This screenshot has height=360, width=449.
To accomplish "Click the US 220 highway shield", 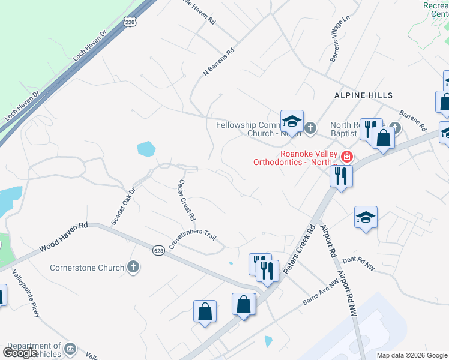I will point(130,22).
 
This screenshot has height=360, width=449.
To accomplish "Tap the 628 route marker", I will point(158,250).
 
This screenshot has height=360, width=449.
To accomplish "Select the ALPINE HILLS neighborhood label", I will point(363,95).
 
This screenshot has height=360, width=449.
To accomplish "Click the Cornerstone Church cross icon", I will point(133,268).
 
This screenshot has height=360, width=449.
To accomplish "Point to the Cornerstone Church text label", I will point(87,268).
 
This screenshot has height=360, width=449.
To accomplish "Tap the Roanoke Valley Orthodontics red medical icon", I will point(346,157).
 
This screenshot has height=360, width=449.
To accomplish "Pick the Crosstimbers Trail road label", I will point(191,239).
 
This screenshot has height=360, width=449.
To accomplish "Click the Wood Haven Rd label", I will point(64,238).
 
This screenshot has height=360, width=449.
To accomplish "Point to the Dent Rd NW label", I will point(358,263).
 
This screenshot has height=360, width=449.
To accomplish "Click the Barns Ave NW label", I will point(321,293).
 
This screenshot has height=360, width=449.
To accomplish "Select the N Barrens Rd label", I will point(218,62).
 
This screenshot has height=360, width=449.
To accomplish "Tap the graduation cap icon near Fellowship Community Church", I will point(292,121).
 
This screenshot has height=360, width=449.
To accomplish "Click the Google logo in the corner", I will point(20,353).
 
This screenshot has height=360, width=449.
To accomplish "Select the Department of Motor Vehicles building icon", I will point(70,349).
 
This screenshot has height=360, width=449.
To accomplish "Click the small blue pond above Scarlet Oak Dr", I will point(146,148).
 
